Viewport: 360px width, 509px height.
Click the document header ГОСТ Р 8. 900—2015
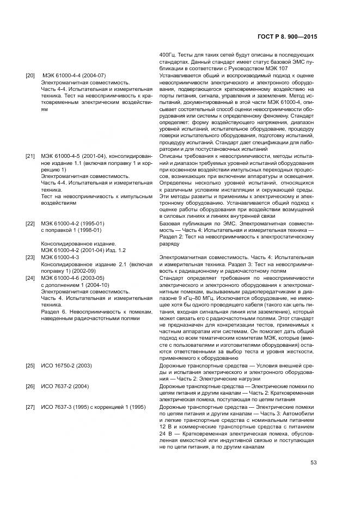(286, 37)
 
